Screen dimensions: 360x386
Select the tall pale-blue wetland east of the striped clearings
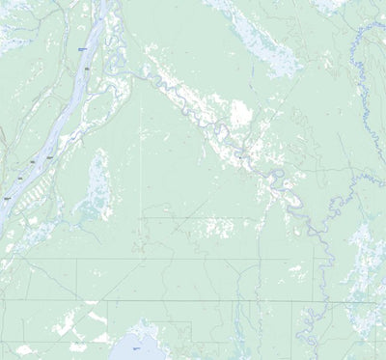(x=96, y=183)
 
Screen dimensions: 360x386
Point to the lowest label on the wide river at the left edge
(x=7, y=198)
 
